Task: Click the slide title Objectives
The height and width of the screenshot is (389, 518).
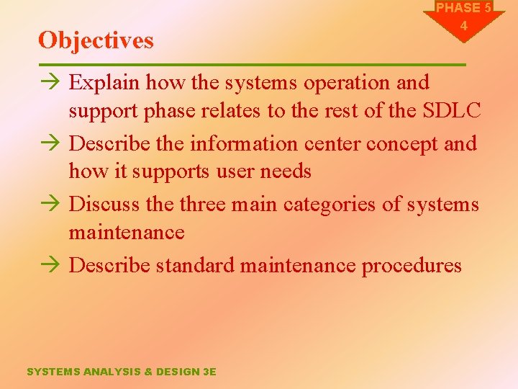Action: point(96,40)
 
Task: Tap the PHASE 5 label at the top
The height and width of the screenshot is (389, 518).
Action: point(463,8)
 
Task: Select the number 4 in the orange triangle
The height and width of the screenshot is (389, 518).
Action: point(463,26)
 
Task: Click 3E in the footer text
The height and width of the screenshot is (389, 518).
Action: point(209,372)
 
